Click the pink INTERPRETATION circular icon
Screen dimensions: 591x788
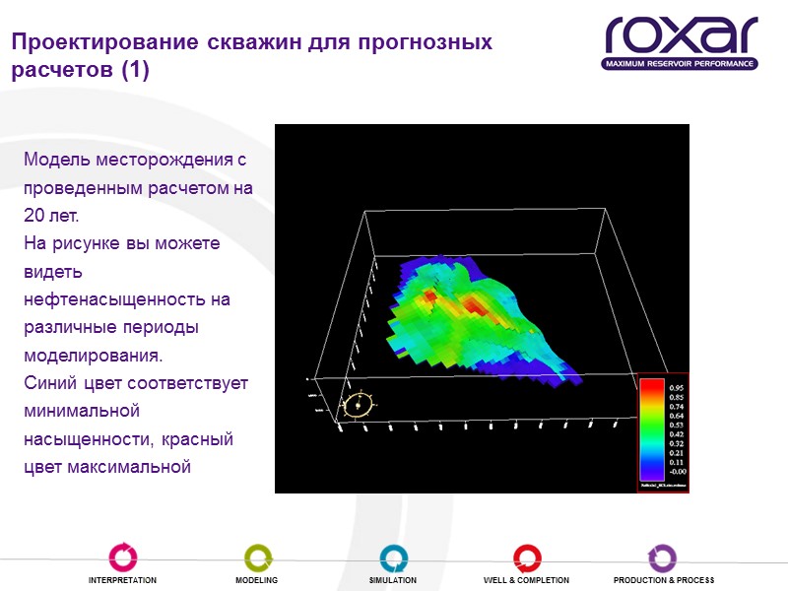tap(122, 557)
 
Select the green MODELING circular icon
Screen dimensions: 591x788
tap(257, 557)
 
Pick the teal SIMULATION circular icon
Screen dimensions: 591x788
tap(393, 557)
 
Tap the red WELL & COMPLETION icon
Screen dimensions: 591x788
tap(527, 557)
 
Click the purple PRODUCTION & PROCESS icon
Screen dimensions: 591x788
tap(662, 557)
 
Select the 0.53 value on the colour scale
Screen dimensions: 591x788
tap(677, 425)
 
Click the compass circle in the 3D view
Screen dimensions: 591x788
tap(360, 404)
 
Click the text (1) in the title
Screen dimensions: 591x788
tap(133, 71)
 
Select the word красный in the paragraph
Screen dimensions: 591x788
tap(201, 437)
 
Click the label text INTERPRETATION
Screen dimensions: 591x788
tap(122, 580)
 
